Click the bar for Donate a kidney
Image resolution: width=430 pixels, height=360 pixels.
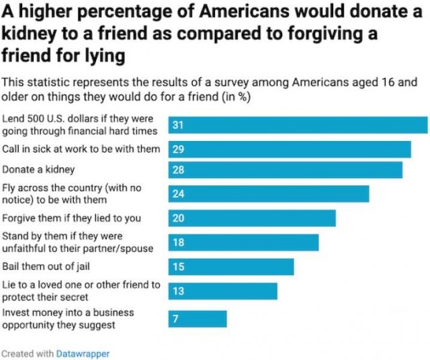(x=285, y=170)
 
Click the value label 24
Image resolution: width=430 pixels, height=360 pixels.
(x=178, y=194)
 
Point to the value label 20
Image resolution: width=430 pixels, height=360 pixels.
(x=178, y=218)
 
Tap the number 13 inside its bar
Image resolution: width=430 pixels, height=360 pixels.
(x=178, y=291)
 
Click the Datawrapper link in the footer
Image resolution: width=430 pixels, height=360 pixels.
(x=83, y=353)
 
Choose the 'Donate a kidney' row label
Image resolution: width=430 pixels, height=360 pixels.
(x=38, y=170)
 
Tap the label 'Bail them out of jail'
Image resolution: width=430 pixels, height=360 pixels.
(x=46, y=267)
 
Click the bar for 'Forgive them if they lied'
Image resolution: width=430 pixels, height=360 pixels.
(x=251, y=218)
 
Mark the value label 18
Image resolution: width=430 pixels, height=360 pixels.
(x=178, y=242)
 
